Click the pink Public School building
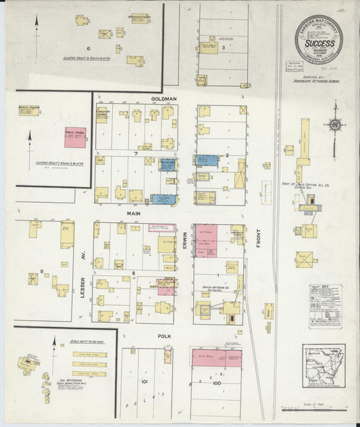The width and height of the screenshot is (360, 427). [75, 137]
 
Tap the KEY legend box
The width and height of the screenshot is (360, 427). [325, 306]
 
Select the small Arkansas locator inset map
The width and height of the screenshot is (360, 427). [324, 366]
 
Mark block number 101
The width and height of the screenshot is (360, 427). [144, 381]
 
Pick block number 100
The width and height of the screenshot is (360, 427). [216, 383]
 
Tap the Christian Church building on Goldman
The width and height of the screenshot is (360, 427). [102, 116]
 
